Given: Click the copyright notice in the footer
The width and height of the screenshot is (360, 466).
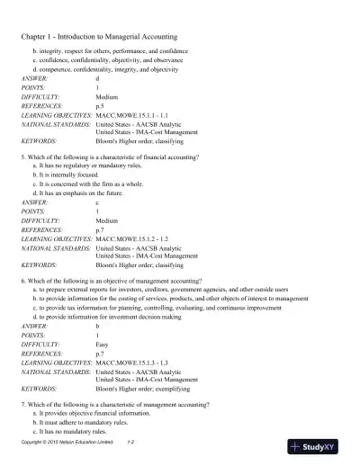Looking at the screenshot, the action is (67, 444).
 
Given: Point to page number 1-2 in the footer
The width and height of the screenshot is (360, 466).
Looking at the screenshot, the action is (130, 444).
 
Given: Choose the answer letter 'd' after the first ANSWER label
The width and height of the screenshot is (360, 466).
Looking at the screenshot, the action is (97, 78).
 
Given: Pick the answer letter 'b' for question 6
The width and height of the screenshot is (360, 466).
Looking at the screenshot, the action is (97, 325).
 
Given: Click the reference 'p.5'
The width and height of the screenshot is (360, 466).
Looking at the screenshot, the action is (100, 105).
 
